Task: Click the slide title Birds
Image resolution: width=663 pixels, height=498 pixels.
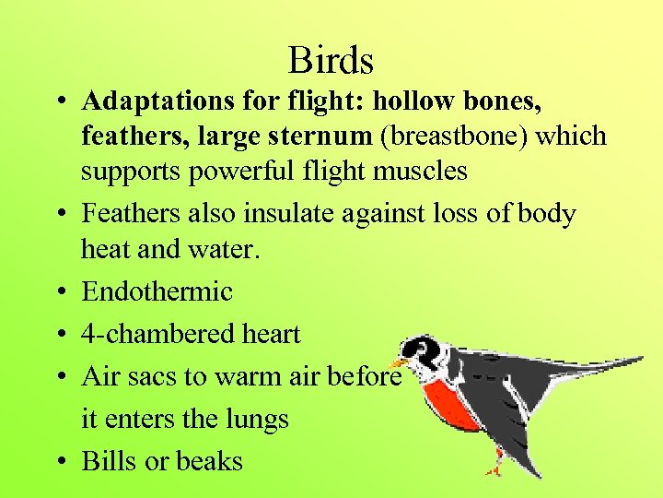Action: click(x=331, y=61)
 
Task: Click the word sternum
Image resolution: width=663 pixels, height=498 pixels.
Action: click(x=322, y=136)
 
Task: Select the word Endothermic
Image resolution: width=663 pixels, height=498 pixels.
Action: click(x=157, y=291)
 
